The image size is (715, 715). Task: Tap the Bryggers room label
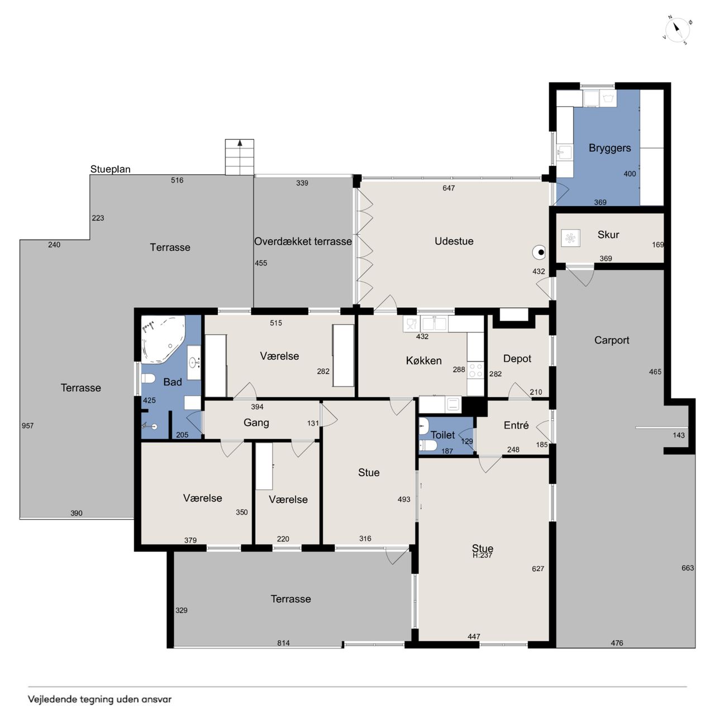[x=609, y=148]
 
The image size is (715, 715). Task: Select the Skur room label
[x=608, y=235]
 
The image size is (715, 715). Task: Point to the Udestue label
[x=454, y=241]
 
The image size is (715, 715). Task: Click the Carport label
[x=612, y=340]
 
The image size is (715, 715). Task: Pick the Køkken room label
[x=424, y=361]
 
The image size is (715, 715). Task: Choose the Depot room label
[x=517, y=359]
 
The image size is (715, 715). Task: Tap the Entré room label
[x=516, y=425]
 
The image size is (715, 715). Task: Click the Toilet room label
[x=442, y=435]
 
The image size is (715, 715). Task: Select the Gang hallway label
[x=256, y=423]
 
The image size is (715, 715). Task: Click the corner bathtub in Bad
[x=163, y=339]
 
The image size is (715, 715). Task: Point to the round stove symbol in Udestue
[x=538, y=252]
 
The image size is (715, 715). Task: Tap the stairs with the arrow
[x=240, y=157]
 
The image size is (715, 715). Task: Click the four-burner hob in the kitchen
[x=475, y=370]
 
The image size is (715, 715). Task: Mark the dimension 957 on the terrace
[x=27, y=426]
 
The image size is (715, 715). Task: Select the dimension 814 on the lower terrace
[x=283, y=643]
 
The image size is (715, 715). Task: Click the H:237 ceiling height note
[x=483, y=555]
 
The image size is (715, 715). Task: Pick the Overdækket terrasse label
[x=303, y=241]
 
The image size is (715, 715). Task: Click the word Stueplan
[x=110, y=169]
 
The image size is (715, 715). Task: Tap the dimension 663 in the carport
[x=688, y=568]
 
